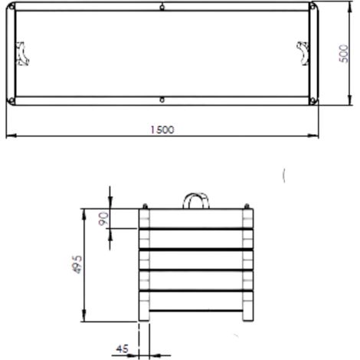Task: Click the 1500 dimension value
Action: pyautogui.click(x=162, y=129)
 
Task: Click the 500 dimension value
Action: pyautogui.click(x=344, y=54)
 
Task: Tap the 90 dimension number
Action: pyautogui.click(x=103, y=219)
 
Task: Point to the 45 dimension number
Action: pyautogui.click(x=123, y=349)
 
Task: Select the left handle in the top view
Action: pyautogui.click(x=22, y=54)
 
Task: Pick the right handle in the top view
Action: pyautogui.click(x=303, y=54)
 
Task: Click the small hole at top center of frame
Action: pyautogui.click(x=162, y=8)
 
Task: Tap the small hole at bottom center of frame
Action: pyautogui.click(x=162, y=100)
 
